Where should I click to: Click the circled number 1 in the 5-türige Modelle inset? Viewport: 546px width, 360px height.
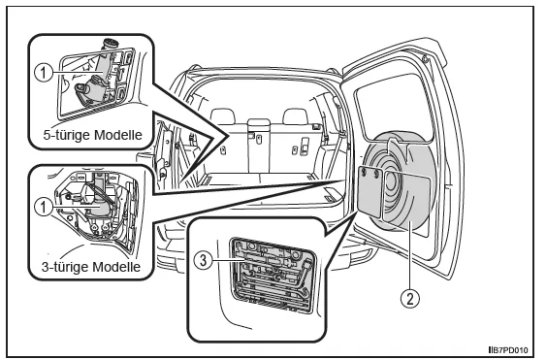44,73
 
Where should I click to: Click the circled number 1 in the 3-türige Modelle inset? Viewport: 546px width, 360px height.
44,208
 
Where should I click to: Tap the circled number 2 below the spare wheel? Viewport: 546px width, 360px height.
410,299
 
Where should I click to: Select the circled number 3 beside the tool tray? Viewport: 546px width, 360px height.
203,260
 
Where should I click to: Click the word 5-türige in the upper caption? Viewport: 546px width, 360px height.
65,135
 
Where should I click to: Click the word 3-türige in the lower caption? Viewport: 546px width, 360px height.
64,267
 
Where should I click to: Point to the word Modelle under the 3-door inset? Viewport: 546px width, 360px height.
114,267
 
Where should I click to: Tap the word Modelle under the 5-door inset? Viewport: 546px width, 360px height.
116,135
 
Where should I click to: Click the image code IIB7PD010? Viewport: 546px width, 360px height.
508,350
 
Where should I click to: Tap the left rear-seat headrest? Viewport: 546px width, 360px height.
223,116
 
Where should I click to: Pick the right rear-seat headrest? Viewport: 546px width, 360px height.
296,116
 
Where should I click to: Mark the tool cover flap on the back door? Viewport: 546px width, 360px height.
369,192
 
